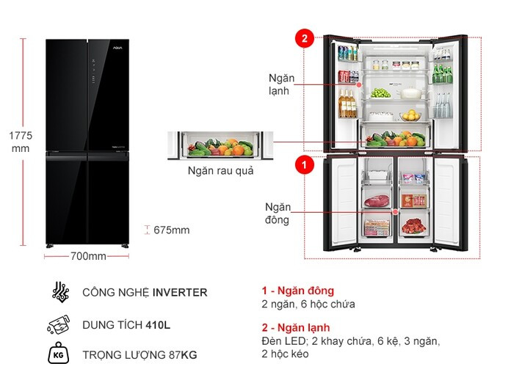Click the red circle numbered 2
coord(305,39)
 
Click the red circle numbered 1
coord(305,164)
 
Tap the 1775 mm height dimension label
coord(21,142)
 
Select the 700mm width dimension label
coord(88,256)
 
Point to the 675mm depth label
coord(171,230)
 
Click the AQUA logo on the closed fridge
coord(117,48)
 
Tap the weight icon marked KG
coord(58,353)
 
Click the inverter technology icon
coord(61,292)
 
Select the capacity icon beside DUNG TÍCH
coord(59,325)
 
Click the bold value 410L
coord(158,325)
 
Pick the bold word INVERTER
coord(180,293)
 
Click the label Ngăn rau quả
coord(221,171)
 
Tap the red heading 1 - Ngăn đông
coord(298,291)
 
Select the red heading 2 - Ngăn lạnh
coord(296,328)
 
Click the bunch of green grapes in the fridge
coord(380,93)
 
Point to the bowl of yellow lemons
coord(410,115)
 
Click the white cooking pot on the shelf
coord(409,93)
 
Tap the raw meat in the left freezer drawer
coord(377,200)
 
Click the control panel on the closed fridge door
coord(93,70)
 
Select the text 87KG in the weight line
coord(183,354)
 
